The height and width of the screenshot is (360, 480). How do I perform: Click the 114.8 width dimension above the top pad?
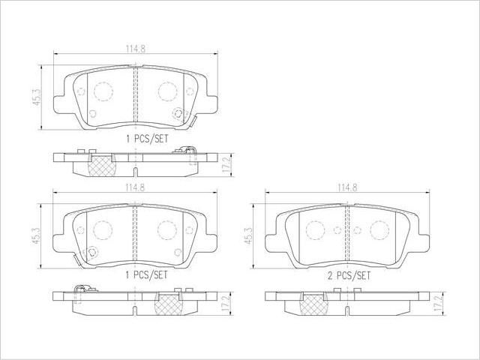point(135,49)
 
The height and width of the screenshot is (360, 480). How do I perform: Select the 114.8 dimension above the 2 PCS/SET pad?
point(347,187)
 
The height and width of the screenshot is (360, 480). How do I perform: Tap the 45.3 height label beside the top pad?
point(37,97)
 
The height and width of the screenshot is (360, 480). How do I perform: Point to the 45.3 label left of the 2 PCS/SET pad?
point(248,235)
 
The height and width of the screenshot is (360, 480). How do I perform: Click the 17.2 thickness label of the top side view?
point(227,165)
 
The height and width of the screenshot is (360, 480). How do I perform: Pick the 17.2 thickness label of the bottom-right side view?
point(438,303)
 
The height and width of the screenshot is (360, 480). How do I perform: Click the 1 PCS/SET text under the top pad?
point(147,139)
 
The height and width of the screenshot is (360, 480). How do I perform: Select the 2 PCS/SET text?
point(349,276)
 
